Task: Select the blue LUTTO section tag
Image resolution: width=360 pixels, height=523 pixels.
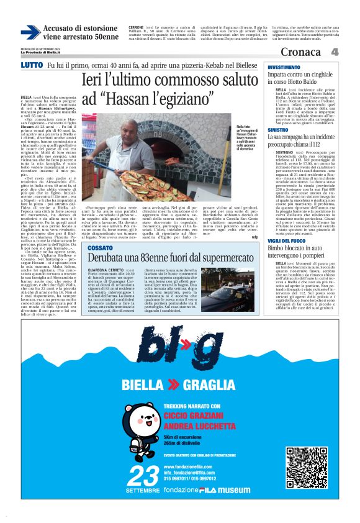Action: tap(32, 65)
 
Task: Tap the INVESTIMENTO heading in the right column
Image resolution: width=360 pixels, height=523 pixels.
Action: tap(284, 66)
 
